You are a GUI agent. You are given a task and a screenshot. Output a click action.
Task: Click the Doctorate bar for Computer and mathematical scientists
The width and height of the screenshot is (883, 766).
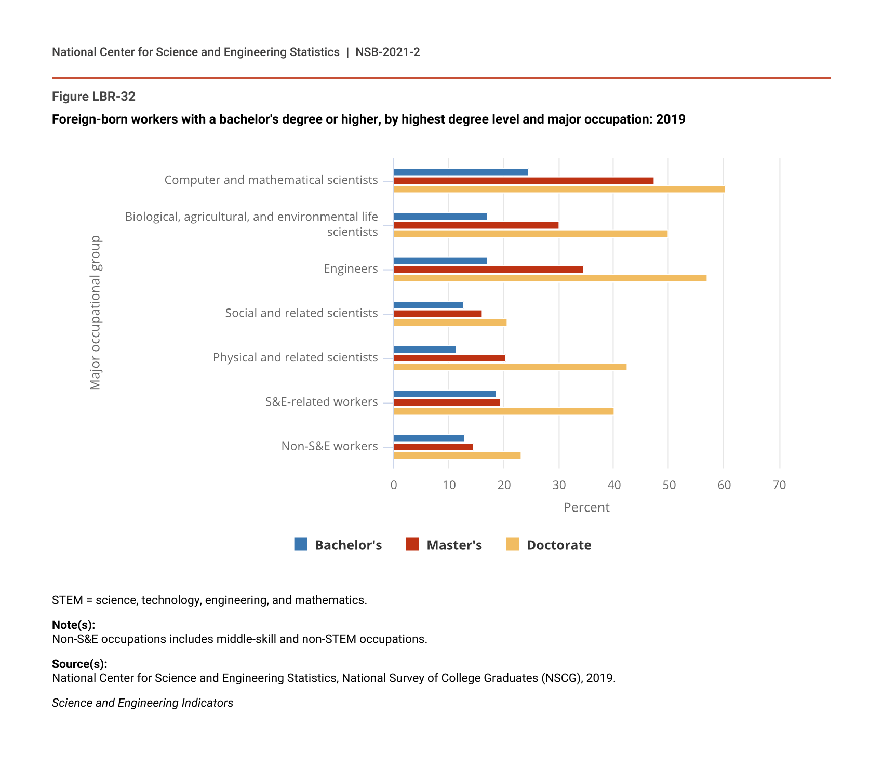coord(559,190)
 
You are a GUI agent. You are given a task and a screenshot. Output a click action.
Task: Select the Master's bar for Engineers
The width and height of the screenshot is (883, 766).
coord(488,270)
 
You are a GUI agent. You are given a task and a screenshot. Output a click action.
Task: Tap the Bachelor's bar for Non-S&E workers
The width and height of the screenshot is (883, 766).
coord(429,438)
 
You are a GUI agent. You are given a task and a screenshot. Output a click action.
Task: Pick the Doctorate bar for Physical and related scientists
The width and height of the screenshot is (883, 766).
coord(510,367)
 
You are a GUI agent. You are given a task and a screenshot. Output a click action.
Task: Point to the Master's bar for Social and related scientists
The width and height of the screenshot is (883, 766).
coord(437,314)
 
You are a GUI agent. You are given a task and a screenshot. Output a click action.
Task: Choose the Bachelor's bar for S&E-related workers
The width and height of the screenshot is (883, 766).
coord(445,394)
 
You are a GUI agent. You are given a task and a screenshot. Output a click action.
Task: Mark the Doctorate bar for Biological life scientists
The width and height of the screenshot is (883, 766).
coord(530,234)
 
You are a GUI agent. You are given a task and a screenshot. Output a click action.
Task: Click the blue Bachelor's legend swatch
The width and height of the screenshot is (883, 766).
coord(301,544)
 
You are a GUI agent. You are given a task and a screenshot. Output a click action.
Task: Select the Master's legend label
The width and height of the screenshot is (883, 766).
coord(454,545)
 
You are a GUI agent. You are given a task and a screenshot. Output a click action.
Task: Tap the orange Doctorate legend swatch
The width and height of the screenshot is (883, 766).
coord(512,544)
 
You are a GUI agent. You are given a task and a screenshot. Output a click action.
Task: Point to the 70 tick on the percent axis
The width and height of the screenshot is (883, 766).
coord(779,485)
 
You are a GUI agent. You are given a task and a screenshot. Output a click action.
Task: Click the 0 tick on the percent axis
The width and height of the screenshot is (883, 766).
coord(394,485)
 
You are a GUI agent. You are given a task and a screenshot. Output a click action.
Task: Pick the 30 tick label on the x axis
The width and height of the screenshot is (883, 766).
coord(559,485)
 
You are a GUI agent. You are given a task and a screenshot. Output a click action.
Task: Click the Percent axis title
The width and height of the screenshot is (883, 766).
coord(586,507)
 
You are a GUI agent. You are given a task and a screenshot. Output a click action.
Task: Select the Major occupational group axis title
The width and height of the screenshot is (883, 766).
coord(96,313)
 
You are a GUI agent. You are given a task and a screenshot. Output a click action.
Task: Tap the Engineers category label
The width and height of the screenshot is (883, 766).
coord(351,269)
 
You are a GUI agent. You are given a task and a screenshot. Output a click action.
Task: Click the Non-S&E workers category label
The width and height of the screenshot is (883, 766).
coord(329,446)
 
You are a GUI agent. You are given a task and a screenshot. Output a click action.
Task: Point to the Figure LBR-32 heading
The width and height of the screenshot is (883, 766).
coord(93,97)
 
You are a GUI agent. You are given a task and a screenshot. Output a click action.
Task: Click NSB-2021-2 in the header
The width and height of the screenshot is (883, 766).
coord(387,52)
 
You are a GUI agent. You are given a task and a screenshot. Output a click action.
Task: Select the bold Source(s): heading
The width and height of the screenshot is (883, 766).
coord(79,664)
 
